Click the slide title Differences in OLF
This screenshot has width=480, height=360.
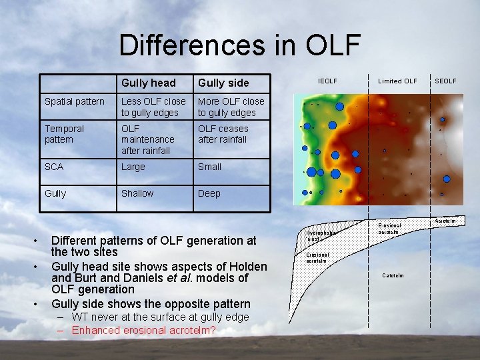tap(239, 45)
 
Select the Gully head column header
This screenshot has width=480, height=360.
tap(148, 83)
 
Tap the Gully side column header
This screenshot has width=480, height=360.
tap(223, 83)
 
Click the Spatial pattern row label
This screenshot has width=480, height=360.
tap(74, 101)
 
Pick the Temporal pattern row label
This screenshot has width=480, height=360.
tap(64, 134)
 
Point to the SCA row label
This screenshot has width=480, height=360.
tap(54, 167)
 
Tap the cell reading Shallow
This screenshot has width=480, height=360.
tap(137, 193)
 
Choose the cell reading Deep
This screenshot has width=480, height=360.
tap(209, 193)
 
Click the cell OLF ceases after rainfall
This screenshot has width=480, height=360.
tap(223, 134)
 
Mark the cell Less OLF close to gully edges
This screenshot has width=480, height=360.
tap(153, 107)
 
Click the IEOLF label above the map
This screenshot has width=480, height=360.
tap(327, 81)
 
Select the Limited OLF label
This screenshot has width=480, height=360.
tap(397, 81)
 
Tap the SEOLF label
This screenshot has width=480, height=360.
tap(445, 81)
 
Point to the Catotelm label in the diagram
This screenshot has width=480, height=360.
tap(393, 275)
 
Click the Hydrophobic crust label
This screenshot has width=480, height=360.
tap(319, 235)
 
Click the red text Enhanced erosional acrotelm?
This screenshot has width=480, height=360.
tap(143, 330)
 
